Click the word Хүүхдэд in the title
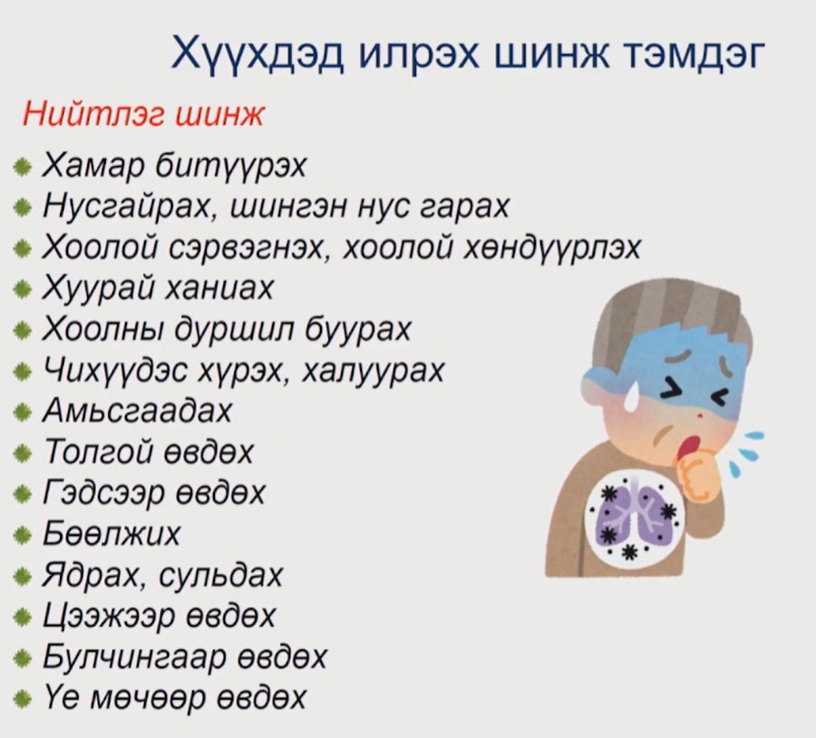257,53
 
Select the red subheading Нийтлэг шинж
143,114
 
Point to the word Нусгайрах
127,207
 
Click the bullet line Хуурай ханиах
158,287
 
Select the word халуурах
374,370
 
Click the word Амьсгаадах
137,411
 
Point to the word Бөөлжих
112,533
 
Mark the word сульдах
220,575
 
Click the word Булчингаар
134,656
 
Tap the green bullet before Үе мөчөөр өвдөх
22,698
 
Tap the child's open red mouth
688,447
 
